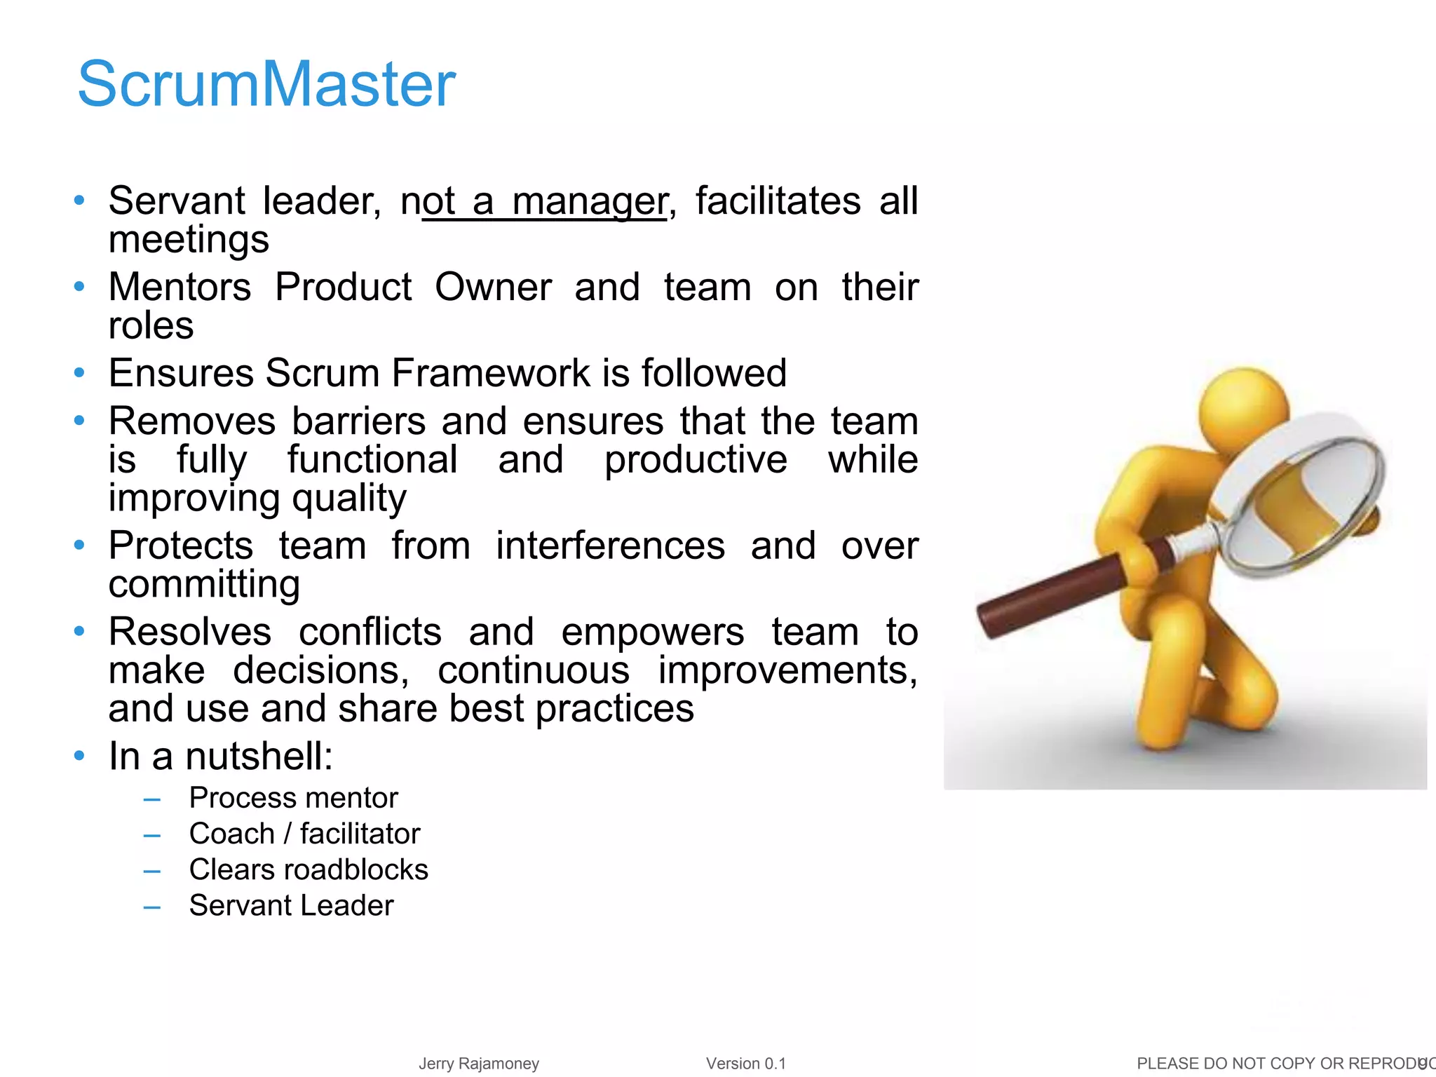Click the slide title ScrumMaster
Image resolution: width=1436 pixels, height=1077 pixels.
[266, 84]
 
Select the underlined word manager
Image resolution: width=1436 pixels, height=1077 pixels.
[589, 202]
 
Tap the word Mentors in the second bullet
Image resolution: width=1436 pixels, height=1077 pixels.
[179, 287]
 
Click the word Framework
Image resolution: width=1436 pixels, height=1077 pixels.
[491, 373]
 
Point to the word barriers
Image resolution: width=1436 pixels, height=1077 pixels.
[358, 421]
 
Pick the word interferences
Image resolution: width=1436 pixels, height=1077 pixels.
[610, 546]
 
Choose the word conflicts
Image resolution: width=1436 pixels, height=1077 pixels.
[370, 632]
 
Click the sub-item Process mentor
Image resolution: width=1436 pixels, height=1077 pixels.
[293, 798]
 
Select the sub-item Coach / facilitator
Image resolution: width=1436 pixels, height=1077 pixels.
[304, 834]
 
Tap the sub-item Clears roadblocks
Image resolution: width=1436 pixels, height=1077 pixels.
[309, 869]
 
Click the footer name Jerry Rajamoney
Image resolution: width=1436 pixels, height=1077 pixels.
[479, 1064]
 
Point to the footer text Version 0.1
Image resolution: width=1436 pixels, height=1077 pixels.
[746, 1064]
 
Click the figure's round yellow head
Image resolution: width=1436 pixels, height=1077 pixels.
[1242, 410]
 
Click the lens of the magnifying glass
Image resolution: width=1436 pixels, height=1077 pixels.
[1304, 505]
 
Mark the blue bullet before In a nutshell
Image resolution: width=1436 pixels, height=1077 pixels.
[79, 756]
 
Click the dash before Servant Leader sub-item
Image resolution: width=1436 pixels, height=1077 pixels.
[152, 907]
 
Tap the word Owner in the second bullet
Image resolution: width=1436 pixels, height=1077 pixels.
[493, 287]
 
